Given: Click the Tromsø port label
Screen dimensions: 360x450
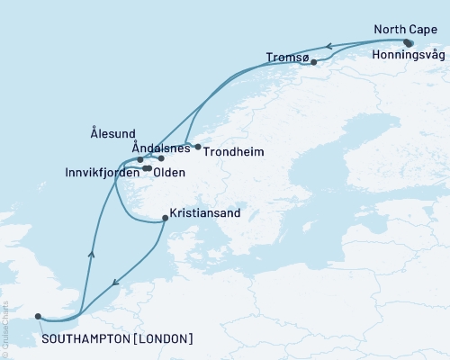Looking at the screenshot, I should point(288,58).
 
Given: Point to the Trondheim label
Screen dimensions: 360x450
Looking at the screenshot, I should point(233,152).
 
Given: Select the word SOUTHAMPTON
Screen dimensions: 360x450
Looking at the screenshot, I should point(86,339).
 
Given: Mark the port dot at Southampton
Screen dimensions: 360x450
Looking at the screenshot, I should point(38,316).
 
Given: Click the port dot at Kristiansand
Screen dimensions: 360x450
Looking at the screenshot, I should point(164,217).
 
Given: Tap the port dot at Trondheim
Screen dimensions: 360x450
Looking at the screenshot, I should point(198,147).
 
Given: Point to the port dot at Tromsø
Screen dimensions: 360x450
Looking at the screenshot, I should point(313,63).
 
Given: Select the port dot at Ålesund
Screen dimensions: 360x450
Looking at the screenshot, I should point(140,160).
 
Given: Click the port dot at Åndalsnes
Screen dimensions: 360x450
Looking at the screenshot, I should point(161,158).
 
